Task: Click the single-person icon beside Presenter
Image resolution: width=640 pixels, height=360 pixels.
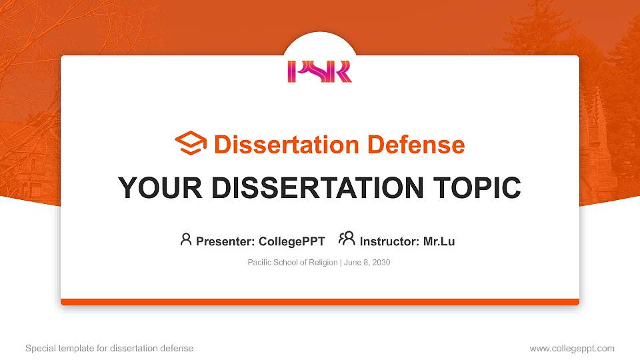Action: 186,239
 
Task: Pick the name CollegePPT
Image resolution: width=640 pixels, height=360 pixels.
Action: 291,241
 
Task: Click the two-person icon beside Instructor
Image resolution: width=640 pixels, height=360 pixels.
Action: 347,239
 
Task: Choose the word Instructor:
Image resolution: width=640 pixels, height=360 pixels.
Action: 390,241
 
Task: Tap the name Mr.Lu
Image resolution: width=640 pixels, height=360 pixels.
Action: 439,241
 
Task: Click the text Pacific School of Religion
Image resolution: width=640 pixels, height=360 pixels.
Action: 292,263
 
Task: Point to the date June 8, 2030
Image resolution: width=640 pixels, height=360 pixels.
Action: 367,263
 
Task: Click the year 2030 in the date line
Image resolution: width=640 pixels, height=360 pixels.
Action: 381,263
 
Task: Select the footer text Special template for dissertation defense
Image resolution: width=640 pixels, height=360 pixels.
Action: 109,348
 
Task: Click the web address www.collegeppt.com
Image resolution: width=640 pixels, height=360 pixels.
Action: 572,348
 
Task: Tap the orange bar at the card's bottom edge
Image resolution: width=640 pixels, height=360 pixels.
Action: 319,302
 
